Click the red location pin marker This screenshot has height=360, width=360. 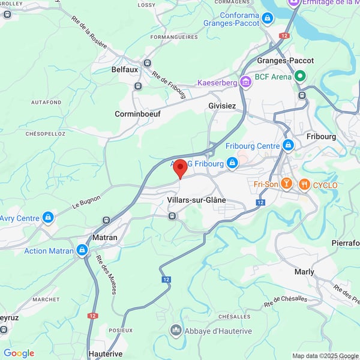[180, 168]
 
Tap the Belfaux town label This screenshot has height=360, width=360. [125, 70]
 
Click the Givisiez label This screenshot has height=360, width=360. [222, 106]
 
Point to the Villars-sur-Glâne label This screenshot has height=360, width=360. [196, 200]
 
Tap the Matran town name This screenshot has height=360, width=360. [104, 238]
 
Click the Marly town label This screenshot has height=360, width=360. [304, 272]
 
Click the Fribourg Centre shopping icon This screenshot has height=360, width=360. [289, 145]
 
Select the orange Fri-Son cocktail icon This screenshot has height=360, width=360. [287, 184]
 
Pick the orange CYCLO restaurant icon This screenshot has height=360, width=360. [304, 184]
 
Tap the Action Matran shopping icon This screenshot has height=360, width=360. [82, 250]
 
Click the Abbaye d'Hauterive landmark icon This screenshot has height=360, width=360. [176, 329]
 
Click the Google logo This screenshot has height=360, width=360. [19, 353]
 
